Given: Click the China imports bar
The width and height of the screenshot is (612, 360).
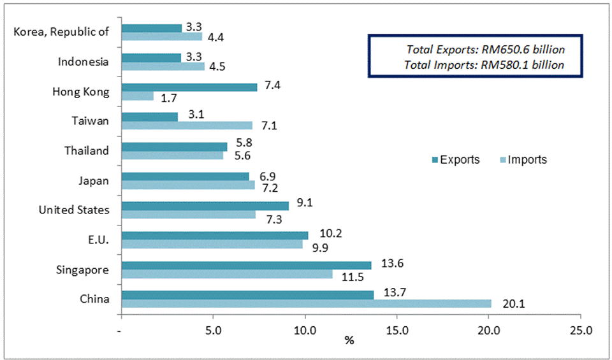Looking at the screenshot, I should tap(306, 303).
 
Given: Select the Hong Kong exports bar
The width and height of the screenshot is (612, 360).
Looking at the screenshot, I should tap(189, 87).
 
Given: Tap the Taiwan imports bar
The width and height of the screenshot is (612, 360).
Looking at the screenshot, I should tap(187, 126).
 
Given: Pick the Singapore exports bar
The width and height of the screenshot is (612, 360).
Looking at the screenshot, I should tap(246, 265).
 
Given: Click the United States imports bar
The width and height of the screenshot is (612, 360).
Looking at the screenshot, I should tap(189, 215).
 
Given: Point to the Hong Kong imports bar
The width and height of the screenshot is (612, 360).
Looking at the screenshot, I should tap(137, 96).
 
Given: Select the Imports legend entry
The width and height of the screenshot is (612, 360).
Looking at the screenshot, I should tap(522, 160).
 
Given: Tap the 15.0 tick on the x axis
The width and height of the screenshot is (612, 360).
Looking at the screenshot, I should tap(397, 331).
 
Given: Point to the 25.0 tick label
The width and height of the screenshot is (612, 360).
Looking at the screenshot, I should tap(580, 331).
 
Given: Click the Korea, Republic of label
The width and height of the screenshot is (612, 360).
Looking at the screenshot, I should tap(61, 32).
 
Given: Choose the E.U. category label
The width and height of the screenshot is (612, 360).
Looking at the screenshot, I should tap(98, 240).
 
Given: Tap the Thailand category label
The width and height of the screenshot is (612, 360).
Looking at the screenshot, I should tap(87, 151).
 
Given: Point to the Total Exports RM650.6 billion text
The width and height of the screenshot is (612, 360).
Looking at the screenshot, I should tap(486, 49).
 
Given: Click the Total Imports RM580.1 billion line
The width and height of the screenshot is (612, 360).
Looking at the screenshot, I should tap(484, 64).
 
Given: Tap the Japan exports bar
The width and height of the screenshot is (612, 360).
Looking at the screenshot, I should tap(186, 176).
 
